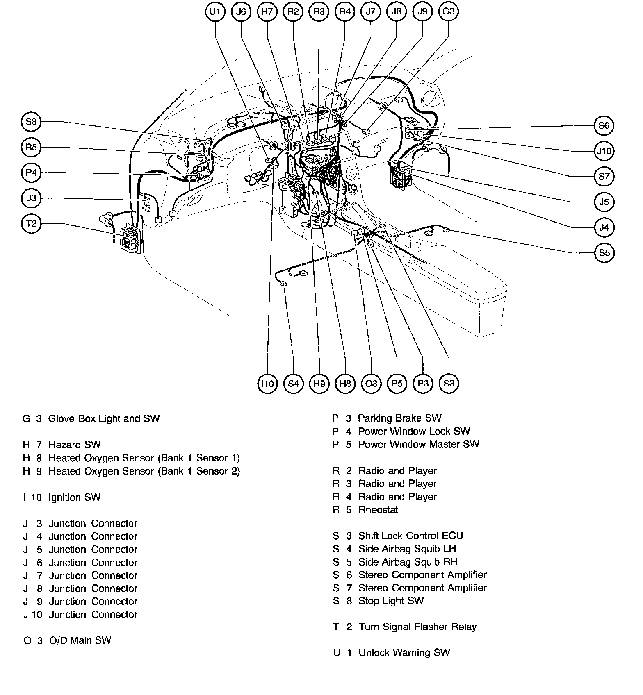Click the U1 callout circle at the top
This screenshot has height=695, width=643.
point(215,12)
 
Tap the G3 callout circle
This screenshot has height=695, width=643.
point(448,11)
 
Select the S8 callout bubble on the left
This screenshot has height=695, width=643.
point(31,122)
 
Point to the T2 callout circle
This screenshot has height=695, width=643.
point(31,224)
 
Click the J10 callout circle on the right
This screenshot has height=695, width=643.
point(604,151)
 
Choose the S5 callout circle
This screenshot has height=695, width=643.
point(604,253)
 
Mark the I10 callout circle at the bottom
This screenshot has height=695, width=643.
point(267,384)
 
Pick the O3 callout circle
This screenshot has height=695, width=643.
point(371,384)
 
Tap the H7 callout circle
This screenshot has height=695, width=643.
point(267,12)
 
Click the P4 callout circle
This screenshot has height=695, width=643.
point(31,173)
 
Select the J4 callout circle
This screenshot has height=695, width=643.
point(604,227)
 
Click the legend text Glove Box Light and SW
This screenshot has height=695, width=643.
point(104,419)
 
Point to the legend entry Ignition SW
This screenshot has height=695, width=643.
point(74,497)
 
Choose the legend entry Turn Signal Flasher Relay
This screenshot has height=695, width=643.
point(417,627)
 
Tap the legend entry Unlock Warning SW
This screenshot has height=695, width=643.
point(404,653)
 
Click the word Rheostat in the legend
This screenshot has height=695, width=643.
point(378,510)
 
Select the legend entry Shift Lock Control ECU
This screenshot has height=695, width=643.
point(410,536)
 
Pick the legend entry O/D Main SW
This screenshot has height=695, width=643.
point(80,640)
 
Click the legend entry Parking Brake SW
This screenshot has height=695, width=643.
point(399,418)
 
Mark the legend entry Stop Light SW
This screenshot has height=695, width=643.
point(391,601)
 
